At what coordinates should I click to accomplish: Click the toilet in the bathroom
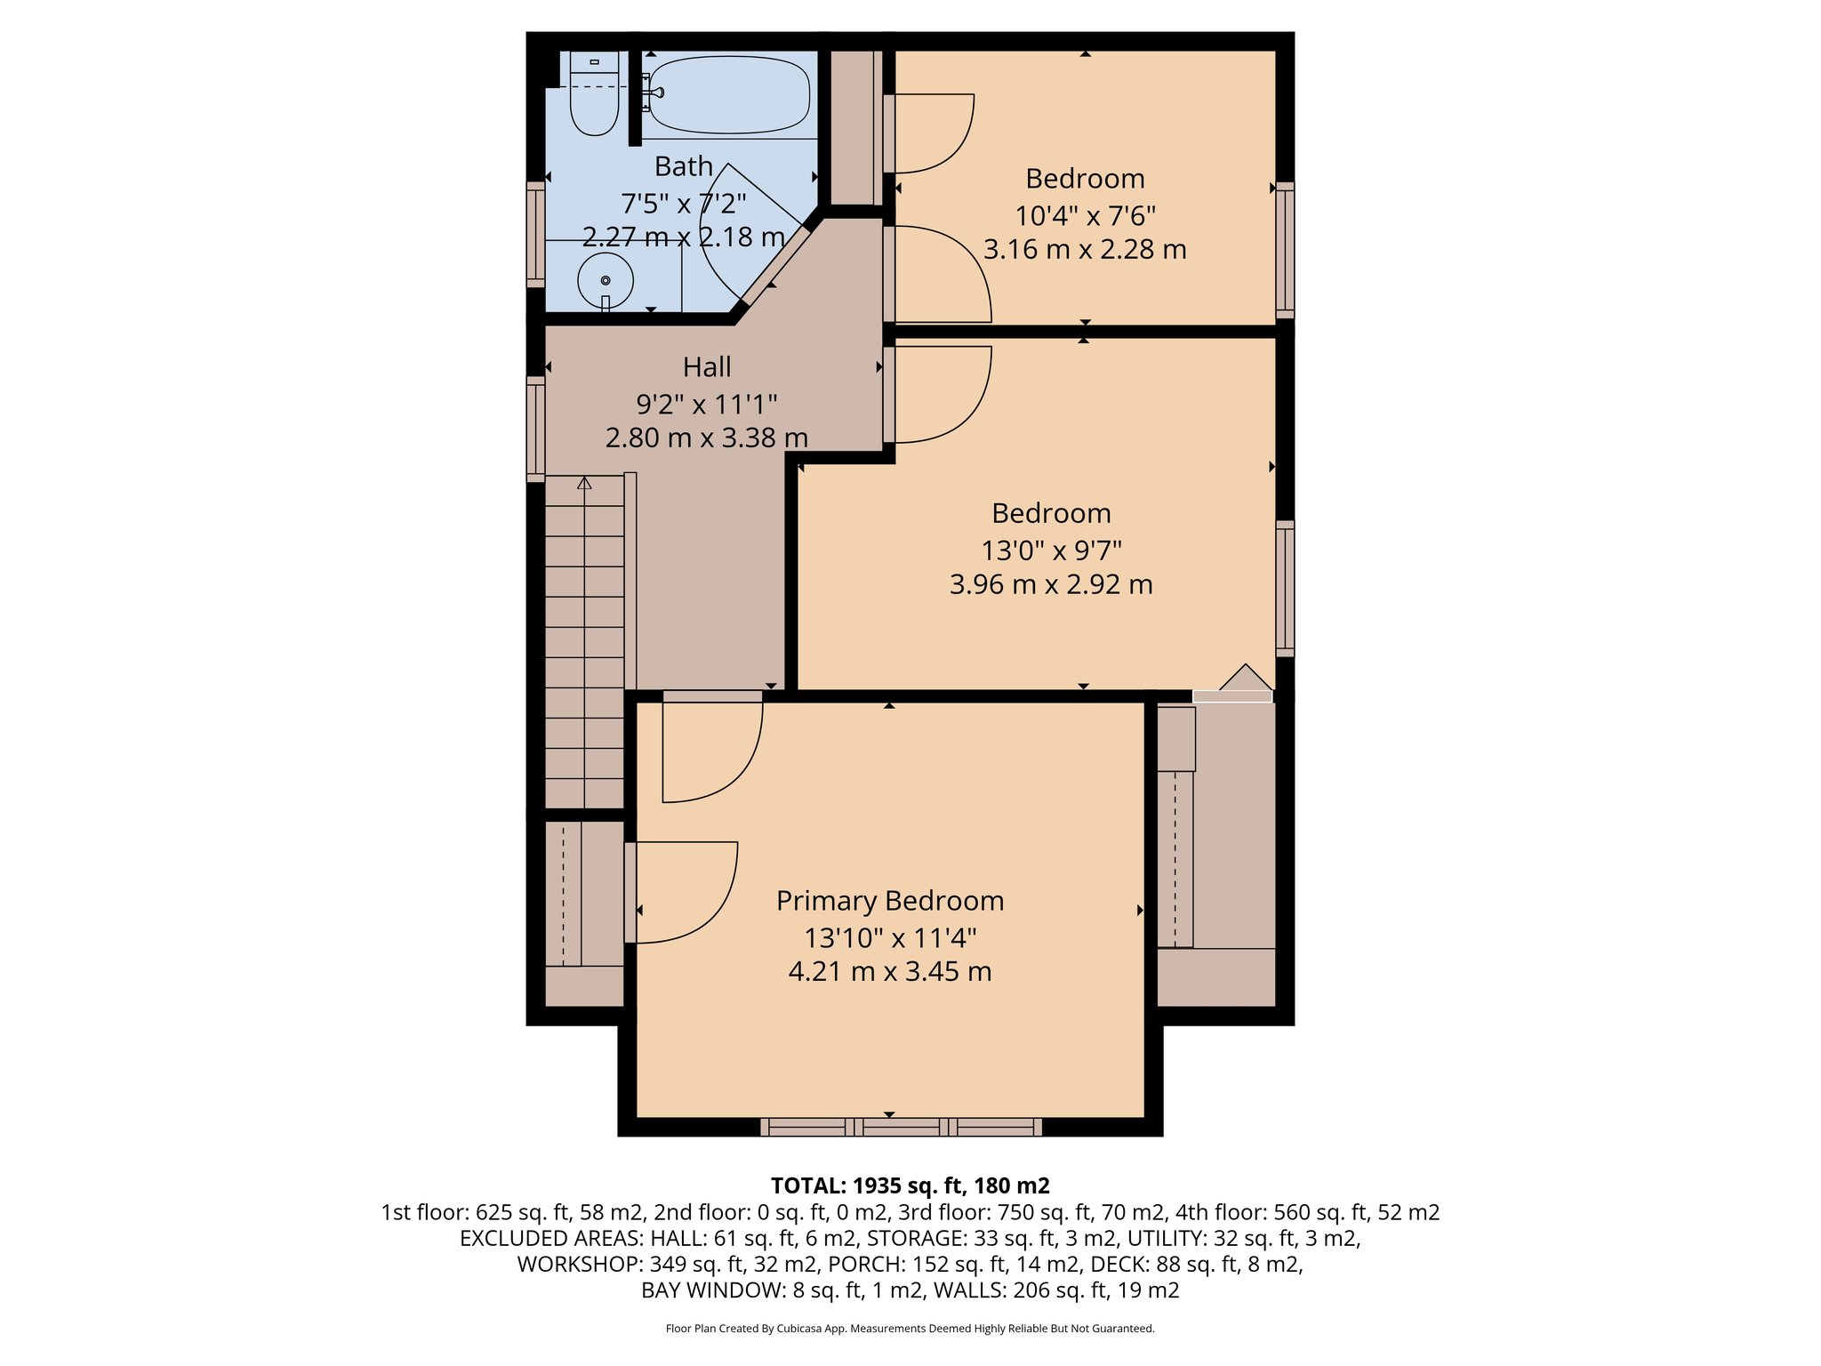click(594, 98)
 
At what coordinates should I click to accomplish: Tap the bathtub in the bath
click(729, 94)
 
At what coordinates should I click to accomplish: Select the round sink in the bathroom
click(606, 281)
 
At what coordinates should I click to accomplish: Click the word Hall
click(707, 367)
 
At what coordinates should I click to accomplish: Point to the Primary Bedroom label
click(890, 901)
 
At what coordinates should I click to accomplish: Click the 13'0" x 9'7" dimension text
click(1051, 550)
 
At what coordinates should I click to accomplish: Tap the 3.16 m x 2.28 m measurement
click(1085, 249)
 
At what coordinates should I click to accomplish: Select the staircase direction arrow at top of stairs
click(584, 484)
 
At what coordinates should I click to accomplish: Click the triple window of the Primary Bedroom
click(901, 1127)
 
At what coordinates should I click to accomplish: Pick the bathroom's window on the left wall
click(535, 235)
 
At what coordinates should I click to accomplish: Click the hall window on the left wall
click(535, 429)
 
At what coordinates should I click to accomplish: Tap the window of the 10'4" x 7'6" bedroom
click(1285, 250)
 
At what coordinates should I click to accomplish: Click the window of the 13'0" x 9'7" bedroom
click(1285, 588)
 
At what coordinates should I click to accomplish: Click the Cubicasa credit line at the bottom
click(910, 1329)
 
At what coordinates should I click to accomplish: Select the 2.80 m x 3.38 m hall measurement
click(707, 438)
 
